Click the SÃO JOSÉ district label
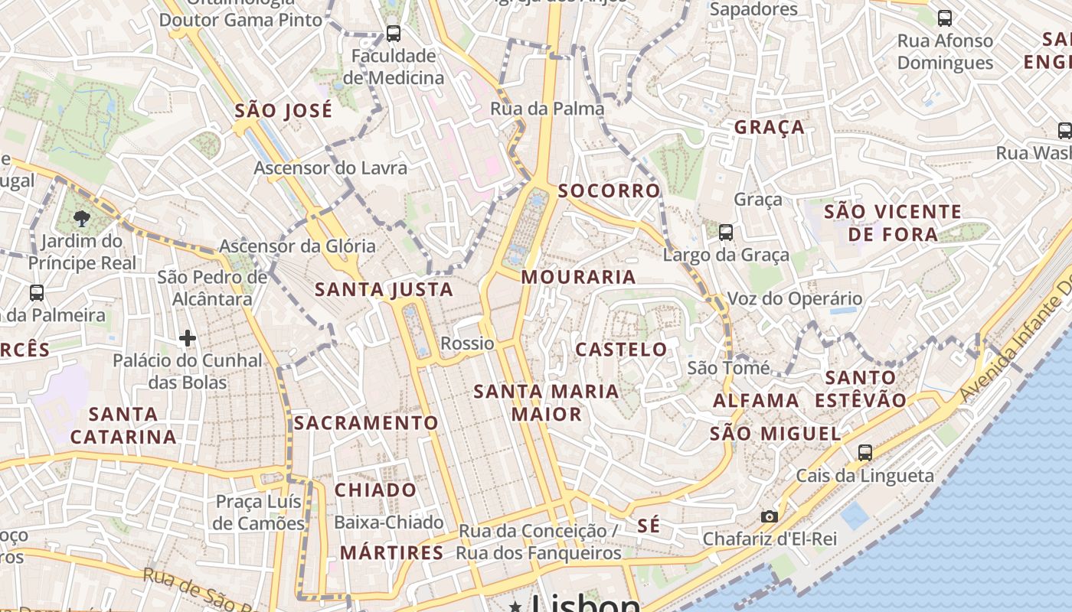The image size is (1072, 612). (283, 111)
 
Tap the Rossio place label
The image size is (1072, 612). (467, 343)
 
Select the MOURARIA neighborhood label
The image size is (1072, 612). (578, 277)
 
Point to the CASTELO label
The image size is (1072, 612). (621, 350)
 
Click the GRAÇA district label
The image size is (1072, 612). (770, 127)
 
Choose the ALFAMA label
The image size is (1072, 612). (756, 400)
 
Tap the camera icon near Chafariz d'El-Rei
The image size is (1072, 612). (770, 517)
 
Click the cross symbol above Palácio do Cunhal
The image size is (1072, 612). (188, 337)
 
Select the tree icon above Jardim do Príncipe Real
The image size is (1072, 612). (82, 219)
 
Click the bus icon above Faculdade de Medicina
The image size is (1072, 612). (394, 34)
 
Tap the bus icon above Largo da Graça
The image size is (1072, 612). (725, 232)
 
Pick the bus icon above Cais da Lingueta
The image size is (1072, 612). (864, 453)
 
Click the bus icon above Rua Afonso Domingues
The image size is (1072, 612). (945, 18)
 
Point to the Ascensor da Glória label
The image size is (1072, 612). (297, 246)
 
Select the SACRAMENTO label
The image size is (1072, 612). (366, 423)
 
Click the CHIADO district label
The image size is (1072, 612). (375, 490)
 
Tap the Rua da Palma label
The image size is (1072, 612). (547, 109)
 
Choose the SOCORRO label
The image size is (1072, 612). (609, 190)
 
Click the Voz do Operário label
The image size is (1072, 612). (794, 299)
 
